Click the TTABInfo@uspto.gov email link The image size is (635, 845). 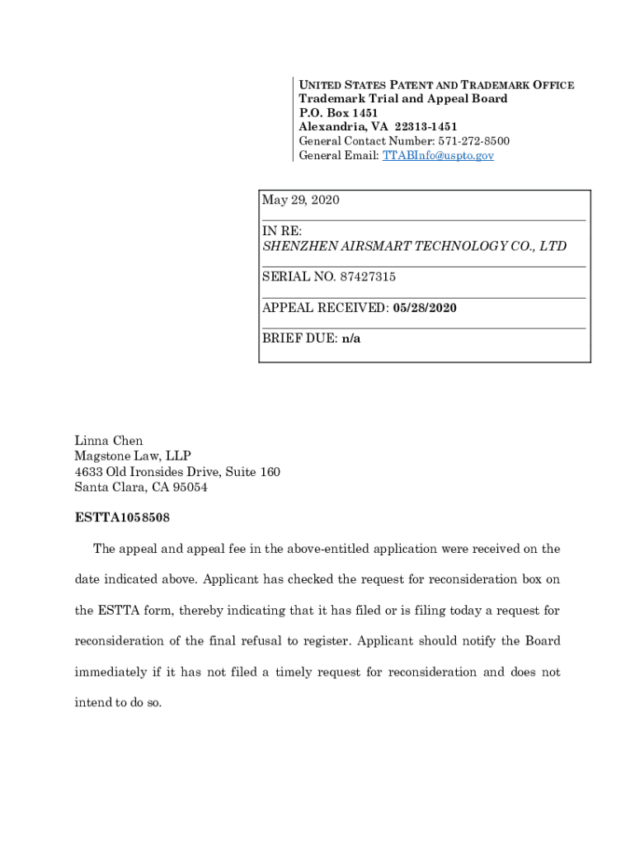[x=438, y=155]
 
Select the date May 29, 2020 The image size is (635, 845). [x=301, y=201]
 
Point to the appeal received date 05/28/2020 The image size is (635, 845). [x=425, y=308]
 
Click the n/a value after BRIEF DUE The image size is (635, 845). [x=351, y=338]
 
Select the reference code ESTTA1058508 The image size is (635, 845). [x=122, y=518]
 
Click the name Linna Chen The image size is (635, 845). [x=109, y=441]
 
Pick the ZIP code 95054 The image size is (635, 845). [x=190, y=488]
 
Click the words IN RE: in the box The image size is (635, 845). [x=282, y=231]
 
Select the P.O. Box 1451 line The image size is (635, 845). [x=338, y=113]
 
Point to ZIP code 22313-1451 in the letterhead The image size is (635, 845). [x=426, y=127]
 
